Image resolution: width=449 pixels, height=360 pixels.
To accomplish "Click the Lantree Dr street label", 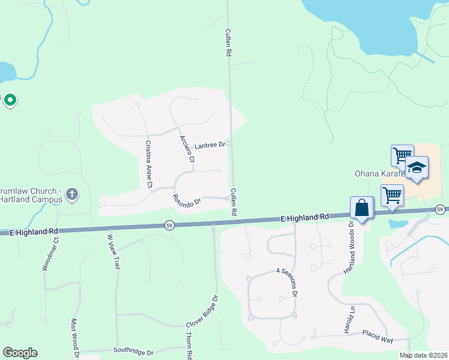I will pos(209,145).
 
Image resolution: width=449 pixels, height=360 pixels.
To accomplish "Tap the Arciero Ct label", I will pos(188,148).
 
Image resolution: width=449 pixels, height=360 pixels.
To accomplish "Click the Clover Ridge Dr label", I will pos(202,311).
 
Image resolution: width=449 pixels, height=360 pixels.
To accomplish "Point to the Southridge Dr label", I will pos(134,351).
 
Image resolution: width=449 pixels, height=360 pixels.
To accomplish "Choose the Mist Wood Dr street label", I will pos(76,338).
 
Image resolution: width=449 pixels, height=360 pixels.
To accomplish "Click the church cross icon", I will pos(71,193).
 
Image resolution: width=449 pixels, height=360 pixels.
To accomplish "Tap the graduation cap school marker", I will pos(416,167).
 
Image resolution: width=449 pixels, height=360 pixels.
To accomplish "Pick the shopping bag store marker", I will pos(363,208).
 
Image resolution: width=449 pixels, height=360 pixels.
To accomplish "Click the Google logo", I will pos(20,353).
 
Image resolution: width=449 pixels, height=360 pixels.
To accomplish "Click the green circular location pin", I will pos(10,100).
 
